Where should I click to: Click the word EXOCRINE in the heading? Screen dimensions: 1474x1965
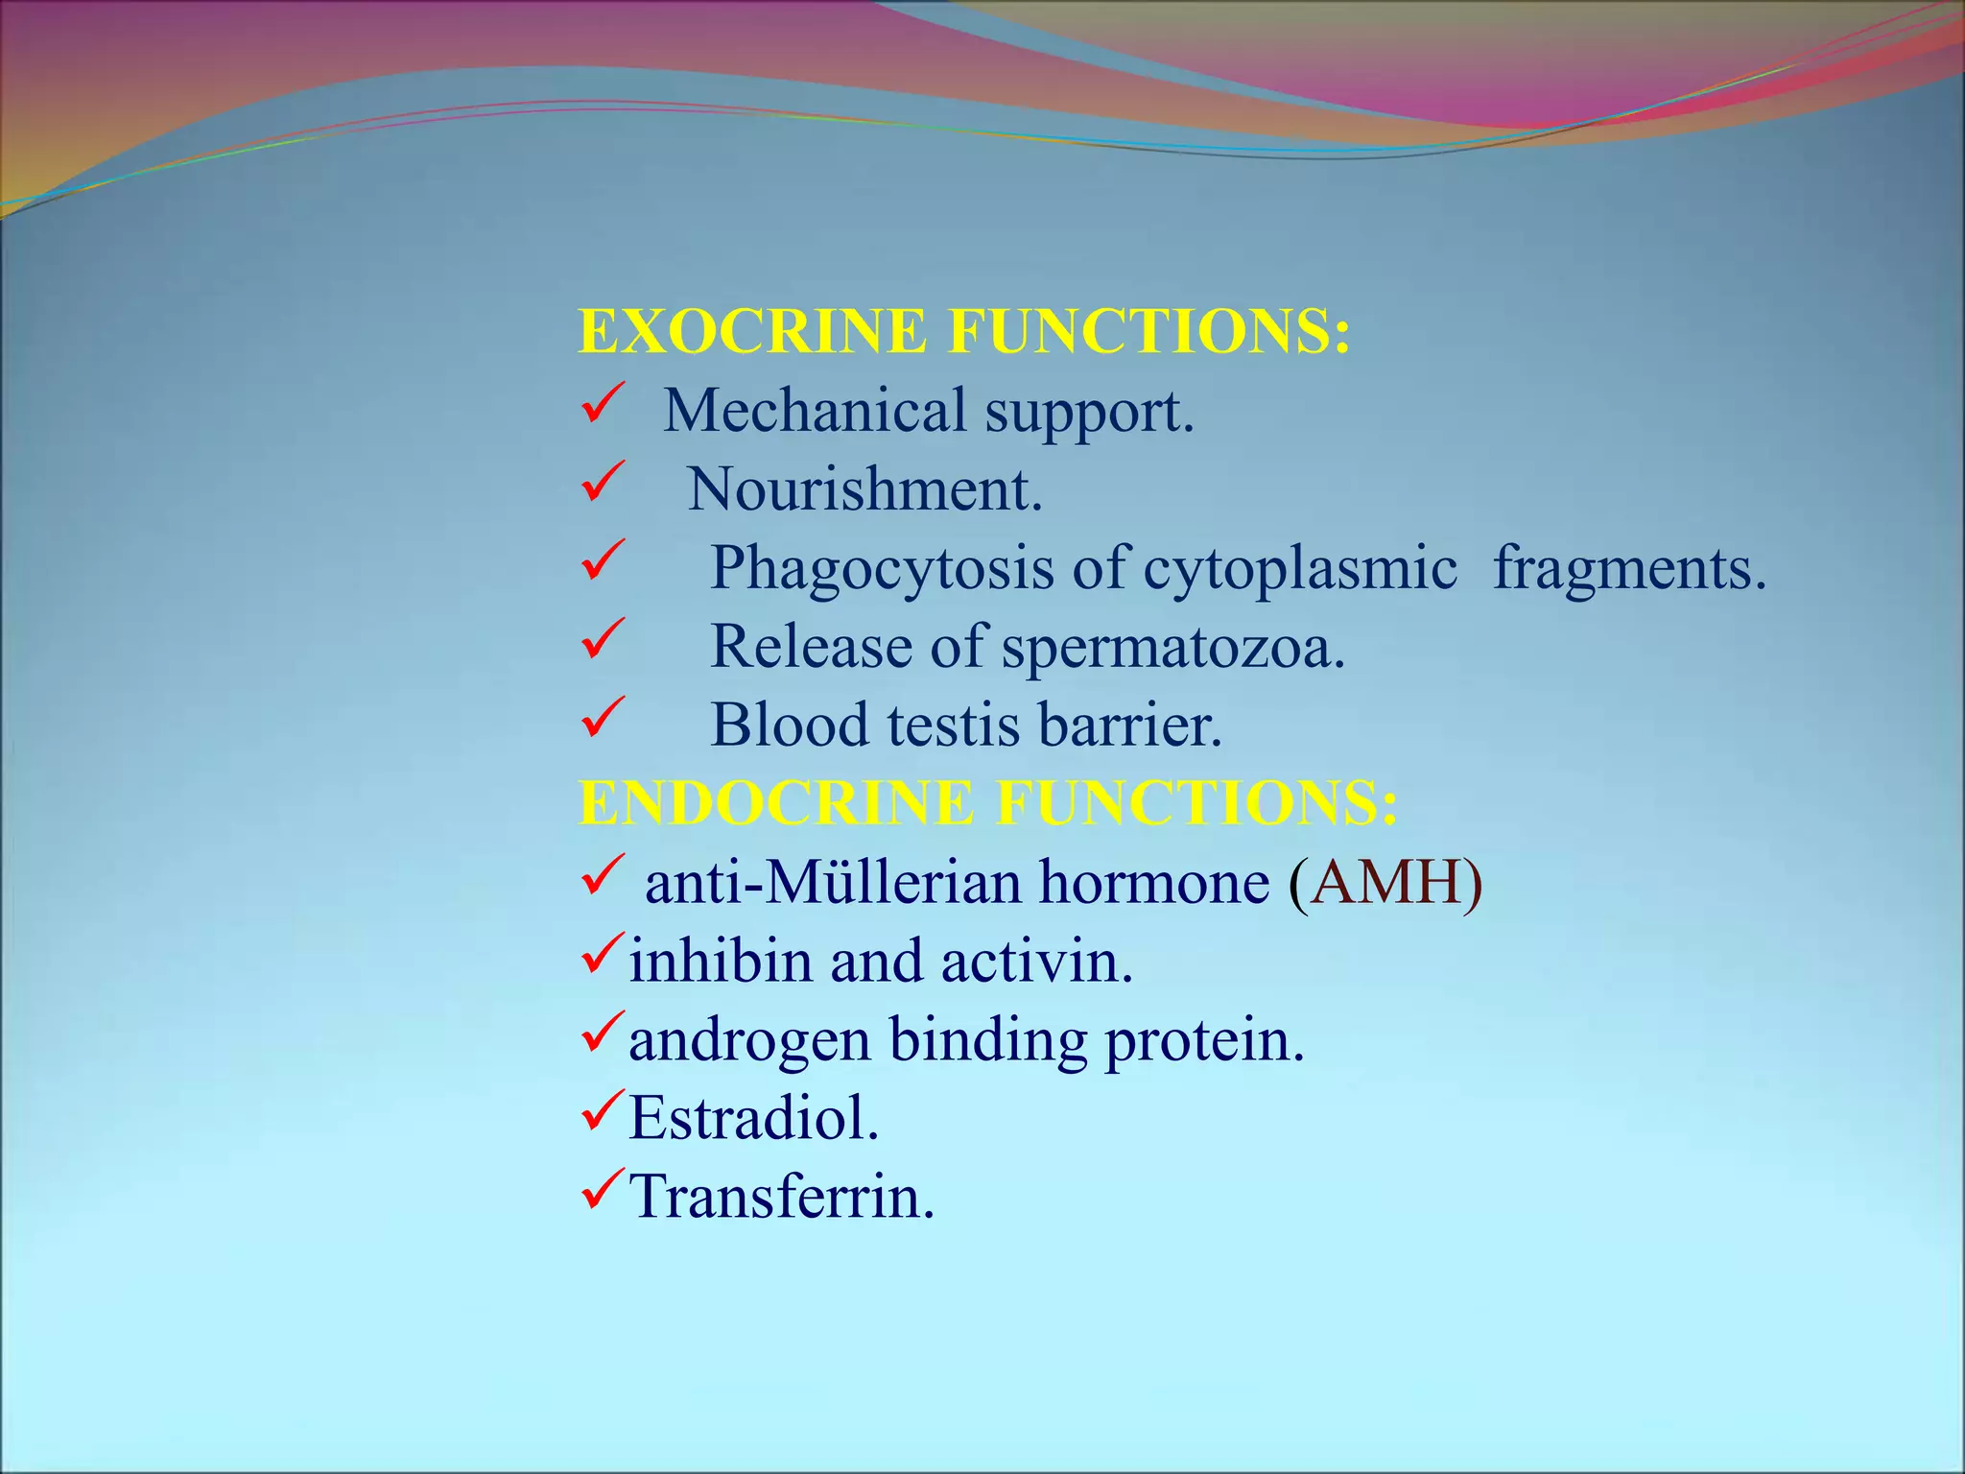(x=753, y=331)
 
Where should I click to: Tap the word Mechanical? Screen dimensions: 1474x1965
(x=815, y=411)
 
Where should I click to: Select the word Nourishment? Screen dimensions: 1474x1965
(x=864, y=489)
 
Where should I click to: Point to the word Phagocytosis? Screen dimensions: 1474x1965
(x=882, y=568)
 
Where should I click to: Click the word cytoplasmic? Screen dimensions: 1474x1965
(x=1300, y=568)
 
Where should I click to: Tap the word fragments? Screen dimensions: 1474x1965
(x=1629, y=568)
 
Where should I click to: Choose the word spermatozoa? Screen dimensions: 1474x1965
(x=1173, y=647)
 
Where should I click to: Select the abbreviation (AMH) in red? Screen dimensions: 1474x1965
(x=1385, y=882)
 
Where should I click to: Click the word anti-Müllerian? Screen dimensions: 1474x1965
(x=832, y=882)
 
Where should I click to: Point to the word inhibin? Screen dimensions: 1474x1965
(x=720, y=961)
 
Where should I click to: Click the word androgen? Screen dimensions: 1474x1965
(x=749, y=1039)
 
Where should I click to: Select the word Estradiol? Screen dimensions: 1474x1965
(x=753, y=1118)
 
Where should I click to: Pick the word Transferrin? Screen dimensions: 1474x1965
(x=781, y=1197)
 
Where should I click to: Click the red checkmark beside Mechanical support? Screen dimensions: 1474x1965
(x=603, y=403)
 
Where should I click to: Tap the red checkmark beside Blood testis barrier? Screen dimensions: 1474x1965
(x=603, y=718)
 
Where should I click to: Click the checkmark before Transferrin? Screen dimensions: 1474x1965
(x=603, y=1190)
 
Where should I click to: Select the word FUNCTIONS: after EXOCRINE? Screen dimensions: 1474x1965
(x=1149, y=331)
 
